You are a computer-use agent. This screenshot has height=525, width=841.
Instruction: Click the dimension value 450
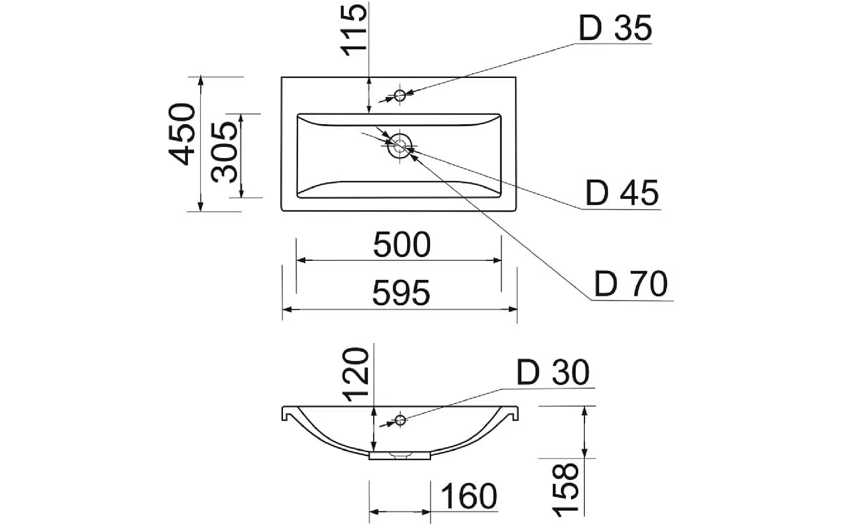click(182, 134)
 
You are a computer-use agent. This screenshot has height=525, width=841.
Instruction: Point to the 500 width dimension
click(402, 245)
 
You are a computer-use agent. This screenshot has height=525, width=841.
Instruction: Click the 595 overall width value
click(401, 293)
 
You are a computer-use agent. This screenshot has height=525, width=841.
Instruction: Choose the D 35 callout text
click(615, 28)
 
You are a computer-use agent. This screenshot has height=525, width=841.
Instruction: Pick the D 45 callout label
click(622, 193)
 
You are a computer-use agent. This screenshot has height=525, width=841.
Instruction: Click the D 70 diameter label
click(631, 284)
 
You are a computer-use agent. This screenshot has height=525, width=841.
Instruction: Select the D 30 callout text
click(553, 373)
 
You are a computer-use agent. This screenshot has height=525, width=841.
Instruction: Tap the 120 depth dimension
click(355, 374)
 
